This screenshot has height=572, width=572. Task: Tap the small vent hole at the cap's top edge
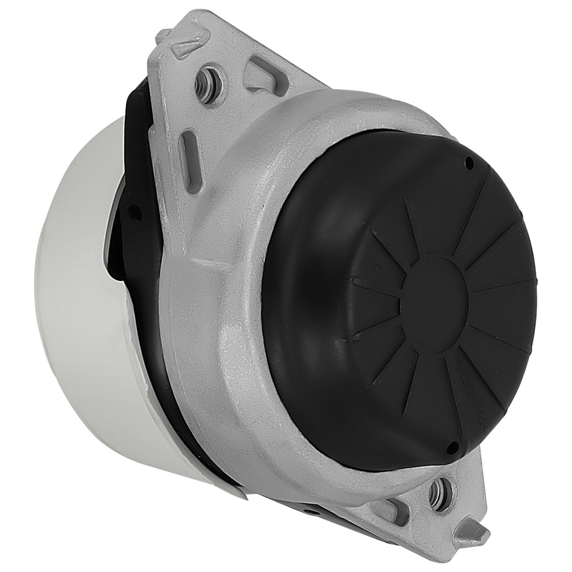pos(470,164)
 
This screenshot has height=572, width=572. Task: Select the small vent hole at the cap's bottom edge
pos(452,446)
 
